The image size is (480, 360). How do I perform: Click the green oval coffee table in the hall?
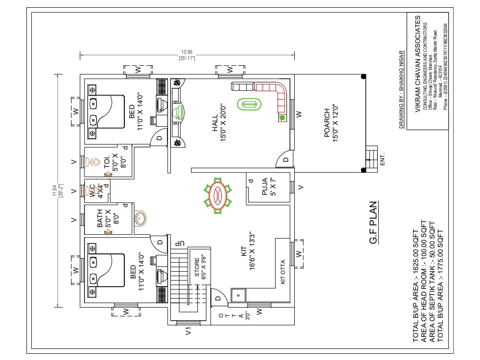coord(249,104)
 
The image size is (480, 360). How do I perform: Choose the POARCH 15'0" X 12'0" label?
coord(330,123)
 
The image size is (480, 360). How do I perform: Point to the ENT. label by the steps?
coord(383,160)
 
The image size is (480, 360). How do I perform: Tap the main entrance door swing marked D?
coord(285,159)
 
